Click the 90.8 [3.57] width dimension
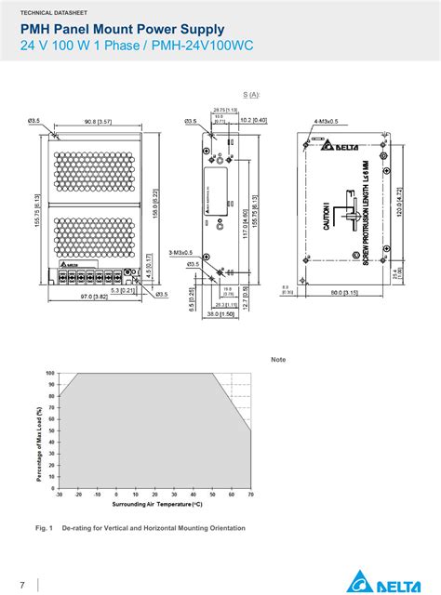98,121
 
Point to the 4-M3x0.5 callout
327,121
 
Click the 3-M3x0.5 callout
180,252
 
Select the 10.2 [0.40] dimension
253,121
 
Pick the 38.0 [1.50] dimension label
221,313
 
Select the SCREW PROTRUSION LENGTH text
366,212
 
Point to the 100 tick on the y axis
50,373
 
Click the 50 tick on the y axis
51,430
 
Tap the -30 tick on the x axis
59,495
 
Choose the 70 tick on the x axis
251,495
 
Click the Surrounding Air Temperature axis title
156,504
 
